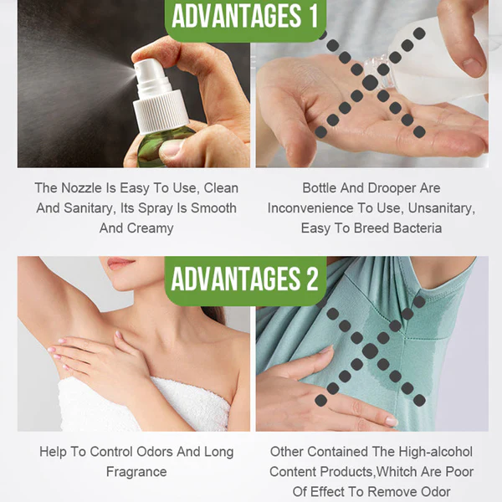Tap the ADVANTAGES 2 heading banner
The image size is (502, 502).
click(x=245, y=279)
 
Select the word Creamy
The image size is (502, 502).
click(x=150, y=228)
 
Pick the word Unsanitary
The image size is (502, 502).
click(x=442, y=208)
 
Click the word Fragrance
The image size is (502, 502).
click(x=136, y=472)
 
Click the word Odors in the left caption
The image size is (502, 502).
click(x=155, y=452)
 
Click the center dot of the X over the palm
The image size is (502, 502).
click(x=370, y=83)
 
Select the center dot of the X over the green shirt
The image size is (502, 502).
click(x=370, y=351)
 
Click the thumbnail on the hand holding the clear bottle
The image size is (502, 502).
click(x=473, y=67)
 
